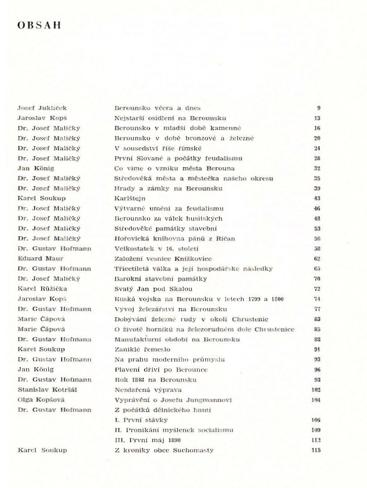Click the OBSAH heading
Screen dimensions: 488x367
[x=39, y=25]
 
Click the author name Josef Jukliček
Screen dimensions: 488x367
[x=42, y=108]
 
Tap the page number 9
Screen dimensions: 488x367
[x=319, y=108]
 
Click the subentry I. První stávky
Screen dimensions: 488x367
[x=142, y=420]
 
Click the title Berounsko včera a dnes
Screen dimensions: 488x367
[x=157, y=108]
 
